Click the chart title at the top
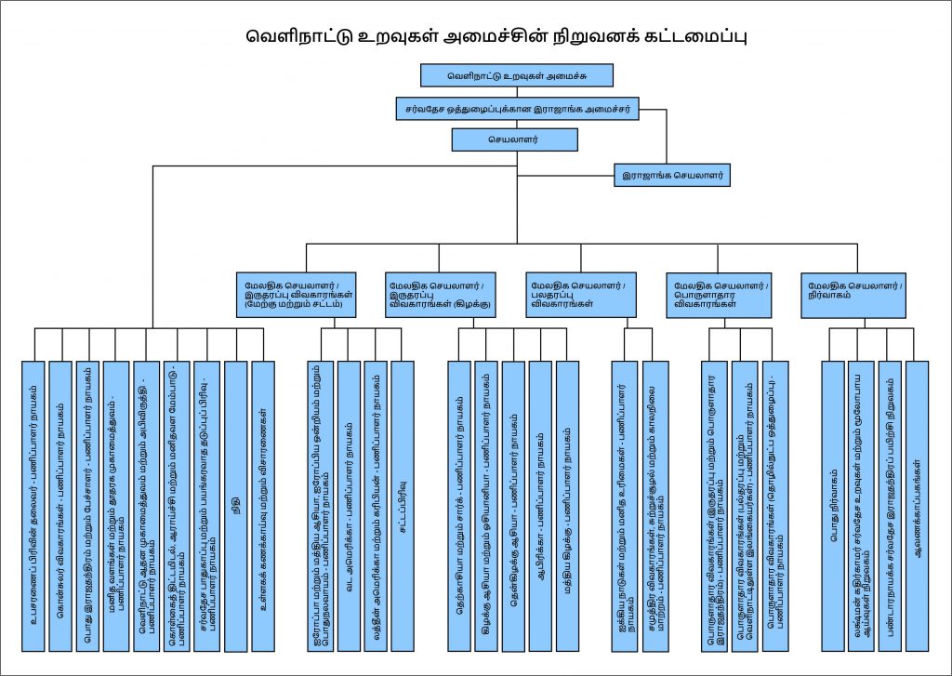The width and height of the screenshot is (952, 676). coord(497,37)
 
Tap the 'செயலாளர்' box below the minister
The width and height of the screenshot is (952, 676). coord(514,139)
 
